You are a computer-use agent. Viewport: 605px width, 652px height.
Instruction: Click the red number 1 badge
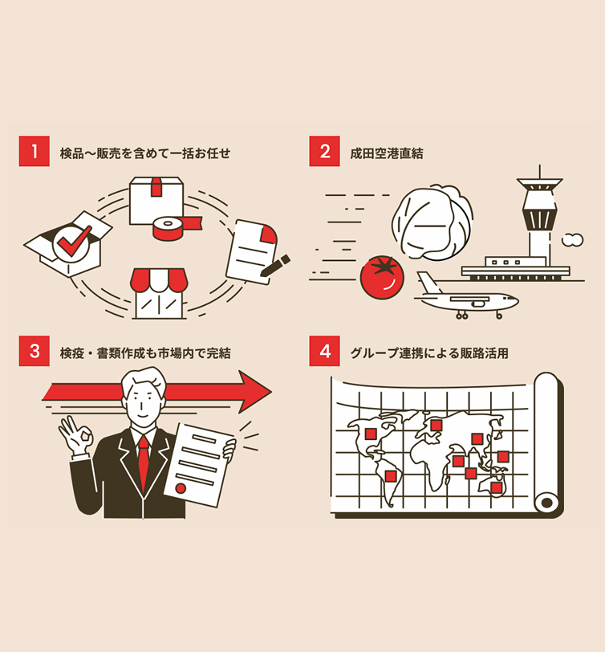pyautogui.click(x=34, y=151)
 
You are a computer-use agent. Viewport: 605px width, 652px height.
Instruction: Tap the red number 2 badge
pyautogui.click(x=324, y=151)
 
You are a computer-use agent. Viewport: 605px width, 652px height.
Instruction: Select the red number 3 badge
pyautogui.click(x=34, y=351)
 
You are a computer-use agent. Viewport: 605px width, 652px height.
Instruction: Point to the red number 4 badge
pyautogui.click(x=324, y=351)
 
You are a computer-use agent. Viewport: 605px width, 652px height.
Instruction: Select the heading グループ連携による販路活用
pyautogui.click(x=429, y=352)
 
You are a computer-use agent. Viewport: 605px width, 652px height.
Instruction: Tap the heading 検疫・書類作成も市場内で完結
pyautogui.click(x=145, y=352)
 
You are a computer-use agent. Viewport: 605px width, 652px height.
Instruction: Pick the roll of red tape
pyautogui.click(x=170, y=228)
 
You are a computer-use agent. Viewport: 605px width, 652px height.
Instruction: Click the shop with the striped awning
pyautogui.click(x=158, y=292)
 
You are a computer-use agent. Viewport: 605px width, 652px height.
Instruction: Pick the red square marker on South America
pyautogui.click(x=391, y=475)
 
